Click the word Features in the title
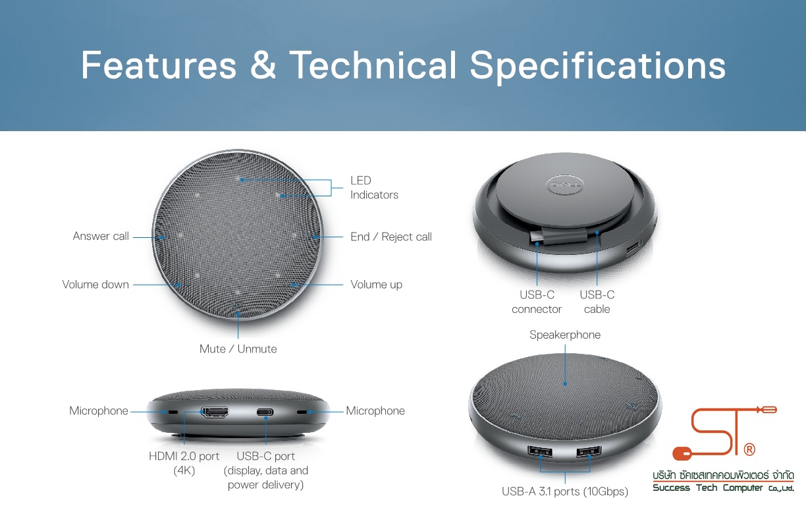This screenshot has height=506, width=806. pyautogui.click(x=159, y=65)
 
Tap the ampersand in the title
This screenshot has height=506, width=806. pyautogui.click(x=263, y=65)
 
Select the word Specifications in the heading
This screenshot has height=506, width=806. pyautogui.click(x=598, y=67)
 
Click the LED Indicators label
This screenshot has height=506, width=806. pyautogui.click(x=374, y=188)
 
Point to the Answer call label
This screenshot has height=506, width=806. pyautogui.click(x=101, y=237)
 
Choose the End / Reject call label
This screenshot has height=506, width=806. pyautogui.click(x=391, y=237)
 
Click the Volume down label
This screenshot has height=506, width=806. pyautogui.click(x=95, y=285)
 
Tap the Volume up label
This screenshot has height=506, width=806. pyautogui.click(x=377, y=285)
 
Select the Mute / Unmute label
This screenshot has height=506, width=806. pyautogui.click(x=238, y=349)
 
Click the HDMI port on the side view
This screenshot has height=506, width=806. pyautogui.click(x=215, y=412)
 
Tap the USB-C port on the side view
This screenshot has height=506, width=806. pyautogui.click(x=265, y=412)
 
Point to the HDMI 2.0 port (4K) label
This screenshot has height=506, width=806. pyautogui.click(x=184, y=463)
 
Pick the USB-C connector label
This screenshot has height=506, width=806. pyautogui.click(x=537, y=302)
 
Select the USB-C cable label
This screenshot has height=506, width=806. pyautogui.click(x=597, y=302)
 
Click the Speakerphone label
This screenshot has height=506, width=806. pyautogui.click(x=565, y=335)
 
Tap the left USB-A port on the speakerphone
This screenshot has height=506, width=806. pyautogui.click(x=540, y=451)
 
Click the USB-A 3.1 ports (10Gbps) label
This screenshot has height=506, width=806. pyautogui.click(x=565, y=492)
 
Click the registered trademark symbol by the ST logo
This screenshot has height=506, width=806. pyautogui.click(x=749, y=449)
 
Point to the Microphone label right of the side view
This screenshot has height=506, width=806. pyautogui.click(x=375, y=411)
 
